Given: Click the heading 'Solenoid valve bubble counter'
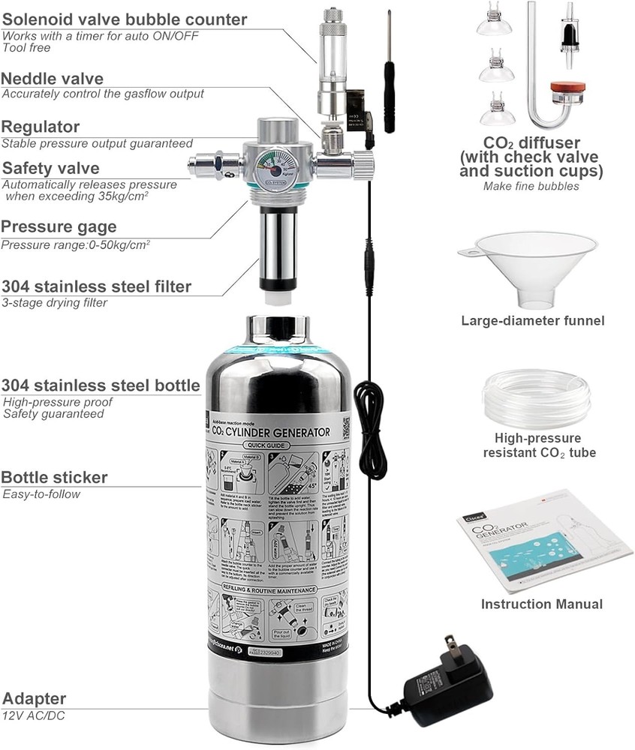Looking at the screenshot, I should pos(124,19).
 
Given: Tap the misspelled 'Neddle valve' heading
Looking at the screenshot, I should pos(53,79).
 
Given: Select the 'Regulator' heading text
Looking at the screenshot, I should pos(41,127).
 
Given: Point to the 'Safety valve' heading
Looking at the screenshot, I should pos(50,168).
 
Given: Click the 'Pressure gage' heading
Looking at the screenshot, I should pos(59,227).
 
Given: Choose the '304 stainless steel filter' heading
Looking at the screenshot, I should pos(96,286).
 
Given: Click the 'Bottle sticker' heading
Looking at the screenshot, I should pos(54,478).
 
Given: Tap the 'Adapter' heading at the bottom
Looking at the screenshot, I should pos(35,699).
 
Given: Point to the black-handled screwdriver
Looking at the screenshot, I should pos(389,82).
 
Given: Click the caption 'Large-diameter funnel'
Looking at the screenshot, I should pos(533,321).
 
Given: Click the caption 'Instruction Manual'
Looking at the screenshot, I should pos(541,604).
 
